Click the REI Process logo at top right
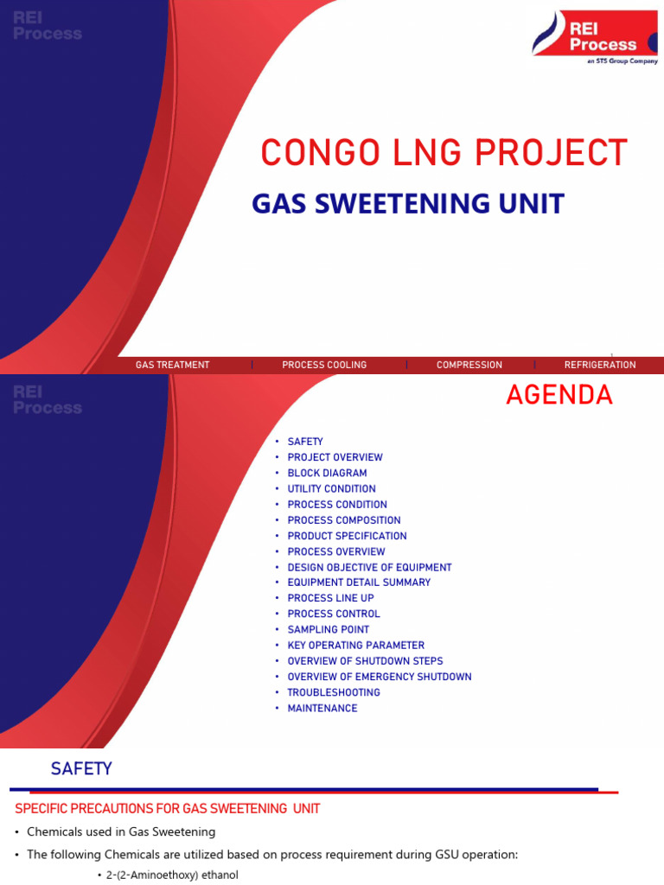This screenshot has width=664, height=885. [x=595, y=35]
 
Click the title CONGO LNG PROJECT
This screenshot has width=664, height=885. [x=444, y=153]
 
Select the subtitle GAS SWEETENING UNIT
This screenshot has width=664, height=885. [x=407, y=204]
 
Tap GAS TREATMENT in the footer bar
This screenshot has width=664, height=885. [x=172, y=365]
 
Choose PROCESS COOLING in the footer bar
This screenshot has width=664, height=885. [x=324, y=365]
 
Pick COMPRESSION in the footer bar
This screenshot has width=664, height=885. [x=469, y=365]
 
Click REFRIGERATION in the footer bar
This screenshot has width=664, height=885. [x=600, y=365]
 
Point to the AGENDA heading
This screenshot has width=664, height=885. [x=559, y=395]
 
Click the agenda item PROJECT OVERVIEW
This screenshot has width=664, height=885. [x=335, y=457]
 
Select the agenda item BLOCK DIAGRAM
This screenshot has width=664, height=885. [x=327, y=473]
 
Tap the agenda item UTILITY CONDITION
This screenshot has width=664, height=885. [x=331, y=488]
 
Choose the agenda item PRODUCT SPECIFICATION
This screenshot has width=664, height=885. [x=347, y=536]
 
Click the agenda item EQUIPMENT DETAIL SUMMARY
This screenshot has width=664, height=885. [x=359, y=583]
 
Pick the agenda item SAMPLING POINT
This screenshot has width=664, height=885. [x=328, y=629]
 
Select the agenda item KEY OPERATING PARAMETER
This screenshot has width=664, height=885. [x=355, y=645]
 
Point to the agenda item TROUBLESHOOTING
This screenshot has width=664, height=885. [x=334, y=692]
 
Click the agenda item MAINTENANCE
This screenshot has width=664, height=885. [x=322, y=708]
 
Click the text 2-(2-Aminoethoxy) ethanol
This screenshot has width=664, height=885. [x=172, y=875]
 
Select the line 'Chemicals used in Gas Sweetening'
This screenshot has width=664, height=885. [x=121, y=831]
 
